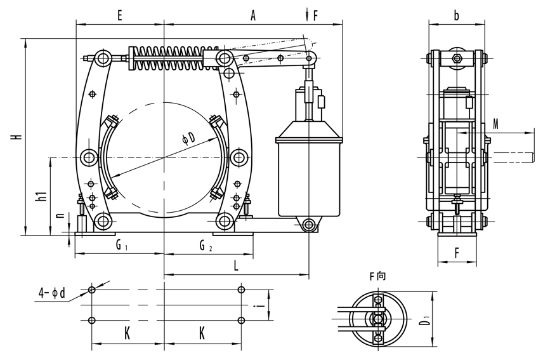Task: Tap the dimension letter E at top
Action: coord(119,17)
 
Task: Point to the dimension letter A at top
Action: coord(252,17)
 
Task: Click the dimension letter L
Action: coord(236,267)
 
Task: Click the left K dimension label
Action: coord(127,333)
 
